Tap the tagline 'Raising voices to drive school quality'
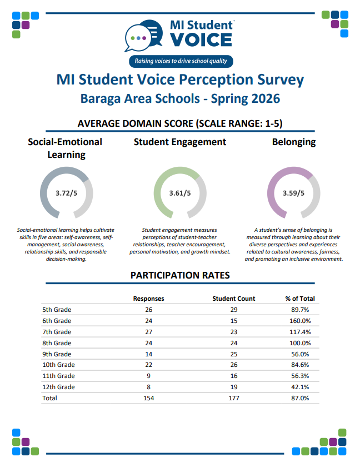pos(180,61)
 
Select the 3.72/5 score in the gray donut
pos(67,193)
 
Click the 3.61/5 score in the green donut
pos(180,193)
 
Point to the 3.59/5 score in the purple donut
pos(293,193)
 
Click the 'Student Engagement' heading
pos(180,142)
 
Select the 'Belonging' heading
pos(293,142)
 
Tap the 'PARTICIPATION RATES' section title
pos(180,275)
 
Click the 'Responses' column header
pos(148,299)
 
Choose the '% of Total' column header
pos(299,299)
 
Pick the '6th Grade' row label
pos(57,321)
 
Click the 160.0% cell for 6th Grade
pos(299,321)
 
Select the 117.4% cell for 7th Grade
pos(299,332)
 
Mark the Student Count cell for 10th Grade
pos(234,365)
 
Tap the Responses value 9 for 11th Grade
pos(148,376)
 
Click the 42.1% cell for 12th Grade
pos(299,387)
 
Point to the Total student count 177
pos(234,398)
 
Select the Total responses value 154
pos(148,398)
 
